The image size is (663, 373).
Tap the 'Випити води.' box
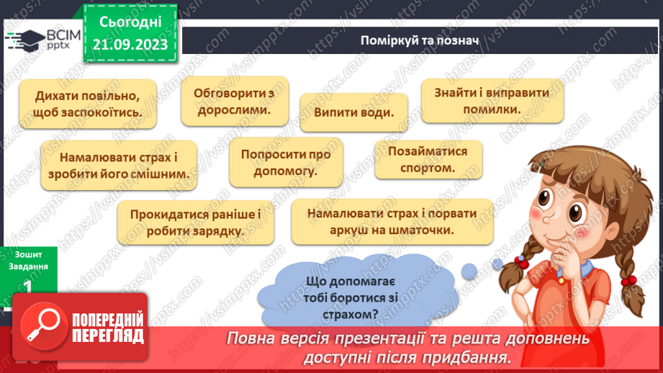click(353, 113)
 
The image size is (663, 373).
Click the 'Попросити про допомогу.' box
click(285, 163)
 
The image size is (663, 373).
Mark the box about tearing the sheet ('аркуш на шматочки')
click(392, 222)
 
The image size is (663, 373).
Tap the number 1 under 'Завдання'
click(27, 287)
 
